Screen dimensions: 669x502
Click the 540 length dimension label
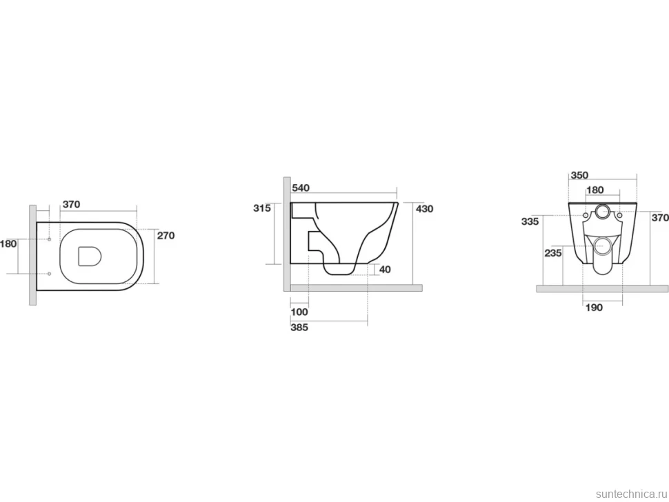coord(301,188)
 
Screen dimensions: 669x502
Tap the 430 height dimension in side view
coord(424,209)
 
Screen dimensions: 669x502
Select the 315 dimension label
coord(262,208)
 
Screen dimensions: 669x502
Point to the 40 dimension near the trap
coord(385,270)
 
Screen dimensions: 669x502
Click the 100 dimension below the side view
coord(299,312)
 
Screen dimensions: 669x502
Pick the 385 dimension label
coord(299,328)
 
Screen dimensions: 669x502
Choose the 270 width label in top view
coord(166,235)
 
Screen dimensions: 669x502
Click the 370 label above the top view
coord(71,204)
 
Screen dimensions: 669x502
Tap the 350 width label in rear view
coord(579,175)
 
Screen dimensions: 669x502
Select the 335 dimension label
coord(530,222)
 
